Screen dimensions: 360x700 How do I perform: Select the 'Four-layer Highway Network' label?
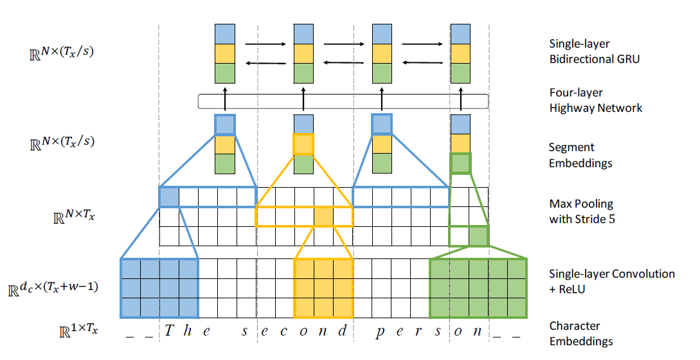pyautogui.click(x=595, y=100)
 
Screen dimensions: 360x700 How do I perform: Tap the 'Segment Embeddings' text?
pyautogui.click(x=580, y=155)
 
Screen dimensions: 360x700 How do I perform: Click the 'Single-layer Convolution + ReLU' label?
pyautogui.click(x=611, y=281)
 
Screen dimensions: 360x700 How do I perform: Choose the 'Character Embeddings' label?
pyautogui.click(x=580, y=333)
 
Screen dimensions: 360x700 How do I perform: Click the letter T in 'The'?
pyautogui.click(x=169, y=331)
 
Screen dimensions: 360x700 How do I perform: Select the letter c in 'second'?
pyautogui.click(x=285, y=332)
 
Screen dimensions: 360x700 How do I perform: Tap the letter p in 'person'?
pyautogui.click(x=381, y=332)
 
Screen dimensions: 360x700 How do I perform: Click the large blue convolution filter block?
pyautogui.click(x=159, y=288)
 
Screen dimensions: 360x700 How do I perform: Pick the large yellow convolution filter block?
pyautogui.click(x=323, y=288)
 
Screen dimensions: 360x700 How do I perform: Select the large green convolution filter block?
pyautogui.click(x=478, y=288)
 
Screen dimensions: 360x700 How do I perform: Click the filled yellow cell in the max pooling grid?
pyautogui.click(x=323, y=217)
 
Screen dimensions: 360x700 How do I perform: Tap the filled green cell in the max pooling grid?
pyautogui.click(x=478, y=236)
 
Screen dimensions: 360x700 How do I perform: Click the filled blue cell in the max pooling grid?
pyautogui.click(x=169, y=197)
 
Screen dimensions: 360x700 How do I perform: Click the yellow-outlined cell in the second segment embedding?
pyautogui.click(x=303, y=144)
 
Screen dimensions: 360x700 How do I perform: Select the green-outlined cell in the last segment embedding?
pyautogui.click(x=460, y=163)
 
